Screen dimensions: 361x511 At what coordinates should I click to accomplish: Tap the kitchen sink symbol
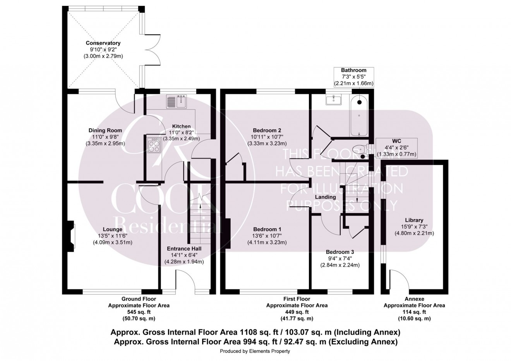(177, 102)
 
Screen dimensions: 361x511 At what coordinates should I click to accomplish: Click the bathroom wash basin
(333, 100)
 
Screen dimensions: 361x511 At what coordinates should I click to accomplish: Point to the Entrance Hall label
(184, 248)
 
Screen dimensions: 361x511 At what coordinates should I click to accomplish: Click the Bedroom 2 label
(267, 130)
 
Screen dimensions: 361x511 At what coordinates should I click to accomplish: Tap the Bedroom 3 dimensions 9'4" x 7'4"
(340, 258)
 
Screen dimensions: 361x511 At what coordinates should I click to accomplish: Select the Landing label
(325, 197)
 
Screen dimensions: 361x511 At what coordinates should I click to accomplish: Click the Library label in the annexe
(414, 220)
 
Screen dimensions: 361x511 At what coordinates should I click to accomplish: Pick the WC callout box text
(397, 148)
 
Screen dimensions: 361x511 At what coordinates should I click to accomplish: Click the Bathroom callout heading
(353, 70)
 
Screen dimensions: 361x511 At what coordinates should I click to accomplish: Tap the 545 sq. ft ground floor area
(138, 312)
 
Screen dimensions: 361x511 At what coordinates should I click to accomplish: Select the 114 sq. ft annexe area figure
(414, 312)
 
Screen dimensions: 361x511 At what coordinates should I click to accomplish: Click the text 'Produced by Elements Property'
(255, 351)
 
